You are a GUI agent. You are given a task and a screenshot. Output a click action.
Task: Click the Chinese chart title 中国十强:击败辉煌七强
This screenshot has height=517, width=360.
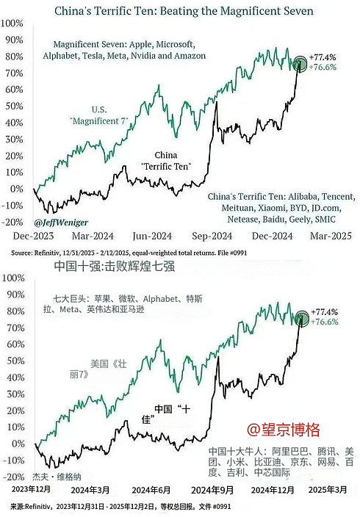coord(121,265)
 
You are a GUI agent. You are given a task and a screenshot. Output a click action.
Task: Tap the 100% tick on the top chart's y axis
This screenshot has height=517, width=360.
coord(12,23)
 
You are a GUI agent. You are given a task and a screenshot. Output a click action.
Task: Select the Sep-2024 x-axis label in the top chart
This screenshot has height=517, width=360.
coord(211,236)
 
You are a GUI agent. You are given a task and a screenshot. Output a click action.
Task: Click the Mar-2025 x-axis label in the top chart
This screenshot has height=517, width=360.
coord(330,236)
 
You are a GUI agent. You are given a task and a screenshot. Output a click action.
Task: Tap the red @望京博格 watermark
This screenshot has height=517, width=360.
coord(284,427)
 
